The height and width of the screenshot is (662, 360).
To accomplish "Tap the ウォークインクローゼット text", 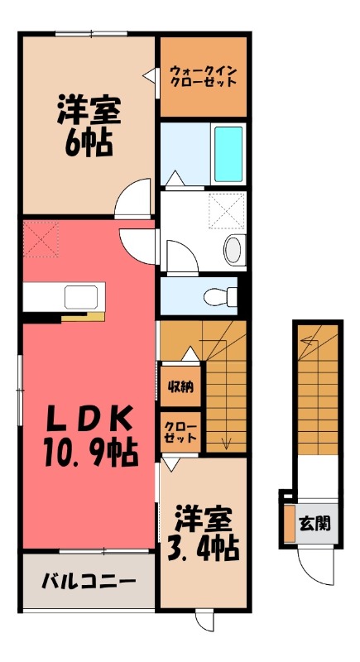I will pyautogui.click(x=203, y=76).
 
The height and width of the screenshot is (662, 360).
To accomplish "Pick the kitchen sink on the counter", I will pyautogui.click(x=82, y=295).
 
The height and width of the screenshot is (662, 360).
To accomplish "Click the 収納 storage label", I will pyautogui.click(x=178, y=385).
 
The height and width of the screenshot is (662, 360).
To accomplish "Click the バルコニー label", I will pyautogui.click(x=89, y=581).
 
